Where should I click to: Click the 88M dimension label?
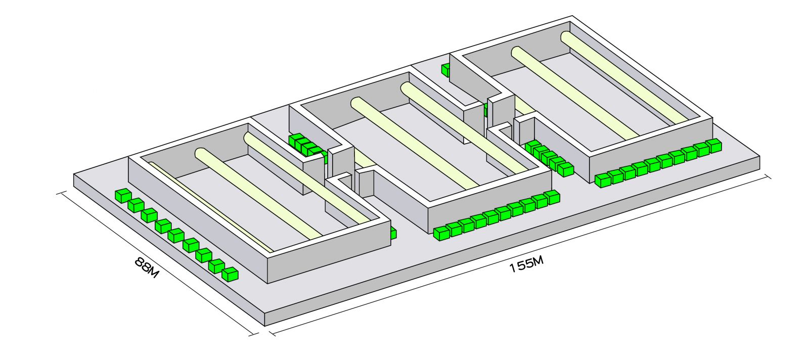(147, 267)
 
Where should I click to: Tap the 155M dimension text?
(526, 264)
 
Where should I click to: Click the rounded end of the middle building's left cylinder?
(357, 104)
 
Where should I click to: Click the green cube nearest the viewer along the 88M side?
(230, 274)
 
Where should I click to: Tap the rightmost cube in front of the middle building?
(552, 197)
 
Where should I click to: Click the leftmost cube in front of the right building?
(603, 180)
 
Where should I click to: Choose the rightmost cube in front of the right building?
(713, 146)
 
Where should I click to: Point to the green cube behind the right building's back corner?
(445, 70)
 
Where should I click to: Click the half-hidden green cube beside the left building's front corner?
(393, 233)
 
